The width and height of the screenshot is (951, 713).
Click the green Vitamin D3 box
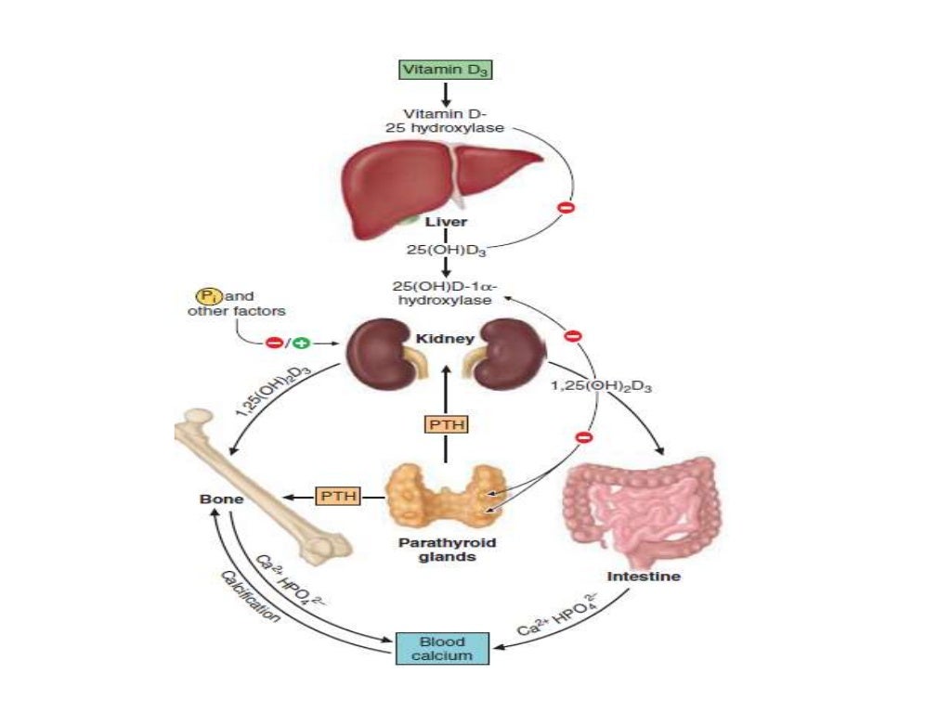coord(445,69)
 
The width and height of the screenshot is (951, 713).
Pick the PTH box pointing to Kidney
coord(446,424)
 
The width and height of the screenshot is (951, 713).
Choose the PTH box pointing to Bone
coord(337,497)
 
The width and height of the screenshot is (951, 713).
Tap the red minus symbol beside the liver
coord(566,208)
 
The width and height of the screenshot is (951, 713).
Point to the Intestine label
coord(644,577)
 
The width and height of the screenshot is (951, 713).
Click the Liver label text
coord(447,223)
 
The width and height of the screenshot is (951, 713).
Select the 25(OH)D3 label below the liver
coord(447,250)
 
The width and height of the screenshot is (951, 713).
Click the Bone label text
coord(221,499)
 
